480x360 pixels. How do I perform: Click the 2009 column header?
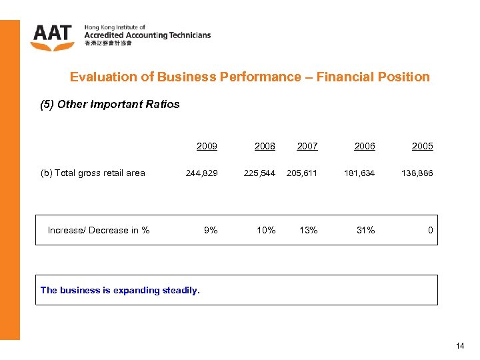[x=207, y=146]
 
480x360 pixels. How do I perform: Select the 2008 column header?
[x=265, y=146]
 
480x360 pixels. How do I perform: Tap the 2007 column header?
[x=307, y=146]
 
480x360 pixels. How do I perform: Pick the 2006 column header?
[x=365, y=146]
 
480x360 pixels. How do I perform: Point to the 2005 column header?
[x=422, y=146]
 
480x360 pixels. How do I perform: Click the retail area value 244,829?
[x=201, y=173]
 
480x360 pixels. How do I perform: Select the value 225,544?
[x=259, y=173]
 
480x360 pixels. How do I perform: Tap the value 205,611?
[x=302, y=173]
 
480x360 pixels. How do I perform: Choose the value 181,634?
[x=359, y=173]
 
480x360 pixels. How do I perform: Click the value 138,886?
[x=417, y=173]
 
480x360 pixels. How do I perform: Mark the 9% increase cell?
[x=211, y=230]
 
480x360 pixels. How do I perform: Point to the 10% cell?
[x=266, y=230]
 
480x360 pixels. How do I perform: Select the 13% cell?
[x=309, y=230]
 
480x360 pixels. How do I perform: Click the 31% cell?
[x=366, y=230]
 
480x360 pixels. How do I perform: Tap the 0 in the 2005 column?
[x=431, y=230]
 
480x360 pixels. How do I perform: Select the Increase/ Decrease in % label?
[x=99, y=230]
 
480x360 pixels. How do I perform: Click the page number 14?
[x=460, y=346]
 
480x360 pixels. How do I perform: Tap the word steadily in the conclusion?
[x=181, y=290]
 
